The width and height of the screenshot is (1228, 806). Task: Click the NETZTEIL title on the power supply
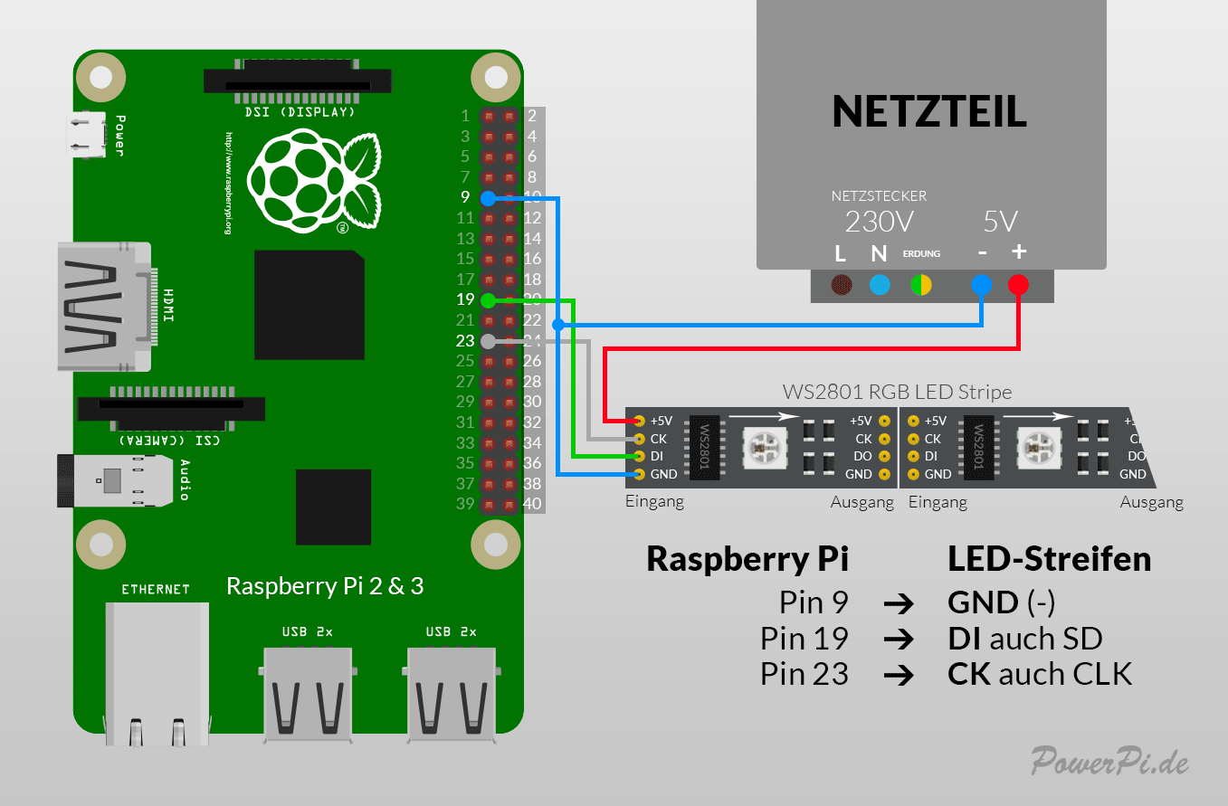[x=929, y=111]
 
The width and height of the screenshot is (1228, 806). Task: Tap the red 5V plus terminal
[x=1018, y=286]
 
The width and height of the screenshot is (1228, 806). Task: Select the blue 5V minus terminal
[x=981, y=286]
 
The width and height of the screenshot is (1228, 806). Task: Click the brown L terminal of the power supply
[x=842, y=286]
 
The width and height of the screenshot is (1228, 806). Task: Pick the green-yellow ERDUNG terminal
[x=921, y=286]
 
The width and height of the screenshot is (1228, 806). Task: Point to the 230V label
[x=879, y=222]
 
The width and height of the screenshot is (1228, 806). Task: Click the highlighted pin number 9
[x=465, y=197]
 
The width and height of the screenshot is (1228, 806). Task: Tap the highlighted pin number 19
[x=465, y=300]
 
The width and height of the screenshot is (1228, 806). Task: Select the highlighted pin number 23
[x=465, y=341]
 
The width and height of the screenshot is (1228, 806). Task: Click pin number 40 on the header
[x=533, y=504]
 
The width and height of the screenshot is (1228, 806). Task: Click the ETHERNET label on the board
[x=156, y=589]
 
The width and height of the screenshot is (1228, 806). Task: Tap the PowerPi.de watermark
[x=1110, y=761]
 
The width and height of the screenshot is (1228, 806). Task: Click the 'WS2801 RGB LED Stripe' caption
[x=897, y=393]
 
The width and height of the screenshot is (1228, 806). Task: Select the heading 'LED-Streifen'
[x=1049, y=559]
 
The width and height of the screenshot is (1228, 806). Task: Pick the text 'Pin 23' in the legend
[x=804, y=674]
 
